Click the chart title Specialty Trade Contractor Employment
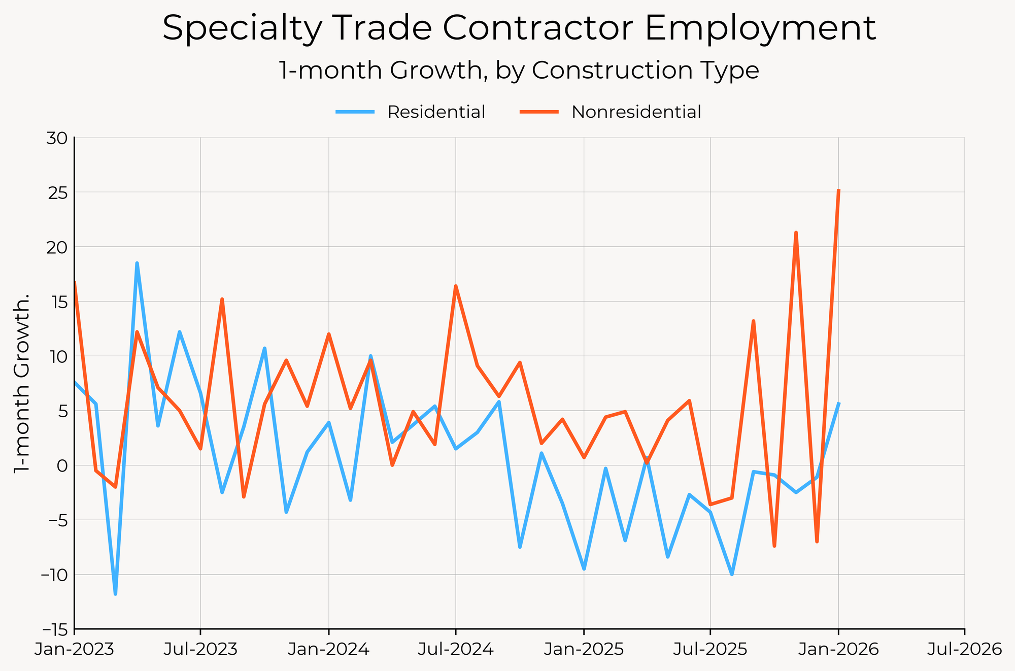tap(519, 28)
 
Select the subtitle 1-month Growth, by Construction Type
tap(519, 71)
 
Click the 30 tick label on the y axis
tap(56, 138)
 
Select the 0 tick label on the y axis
tap(61, 465)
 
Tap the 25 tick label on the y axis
tap(56, 193)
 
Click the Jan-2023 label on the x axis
tap(74, 650)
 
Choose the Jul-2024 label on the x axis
tap(455, 650)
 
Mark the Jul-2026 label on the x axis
tap(964, 650)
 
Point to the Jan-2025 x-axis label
tap(584, 650)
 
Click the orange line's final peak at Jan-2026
tap(838, 191)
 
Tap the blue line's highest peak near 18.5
tap(137, 263)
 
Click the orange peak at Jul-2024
tap(456, 286)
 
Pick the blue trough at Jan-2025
tap(584, 569)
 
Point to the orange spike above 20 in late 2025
tap(796, 232)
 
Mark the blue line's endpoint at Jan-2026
tap(838, 404)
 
